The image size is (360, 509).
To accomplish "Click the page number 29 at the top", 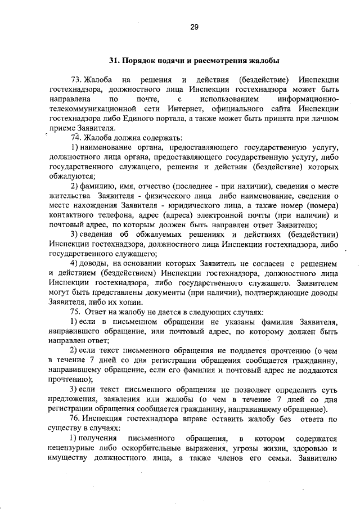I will coord(194,26).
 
